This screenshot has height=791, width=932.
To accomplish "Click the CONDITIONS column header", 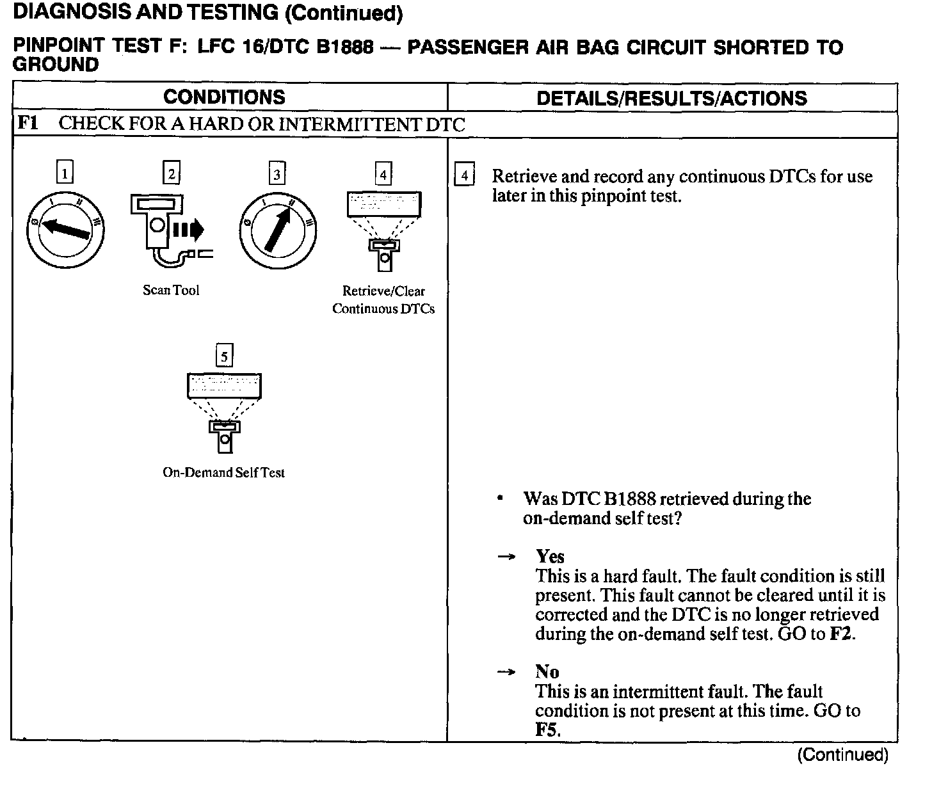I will [224, 97].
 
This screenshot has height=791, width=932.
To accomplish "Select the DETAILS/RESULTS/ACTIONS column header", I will [671, 99].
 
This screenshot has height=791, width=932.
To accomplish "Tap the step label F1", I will [28, 124].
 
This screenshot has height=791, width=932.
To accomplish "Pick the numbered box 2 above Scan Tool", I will [171, 173].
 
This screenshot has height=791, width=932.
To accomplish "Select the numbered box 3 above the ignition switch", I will [277, 173].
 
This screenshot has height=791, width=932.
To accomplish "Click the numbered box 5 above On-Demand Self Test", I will [224, 356].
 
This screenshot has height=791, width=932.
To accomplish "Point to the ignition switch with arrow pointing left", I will [65, 230].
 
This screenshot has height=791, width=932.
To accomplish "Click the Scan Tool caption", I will [171, 291].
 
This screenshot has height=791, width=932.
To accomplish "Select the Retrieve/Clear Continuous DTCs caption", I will [383, 300].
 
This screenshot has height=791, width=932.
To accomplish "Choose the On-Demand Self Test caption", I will [223, 473].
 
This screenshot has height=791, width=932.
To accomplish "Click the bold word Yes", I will [550, 556].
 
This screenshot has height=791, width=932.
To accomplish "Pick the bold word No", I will [547, 671].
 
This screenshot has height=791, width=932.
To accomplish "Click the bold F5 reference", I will [547, 730].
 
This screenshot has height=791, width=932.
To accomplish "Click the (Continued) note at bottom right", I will [842, 755].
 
